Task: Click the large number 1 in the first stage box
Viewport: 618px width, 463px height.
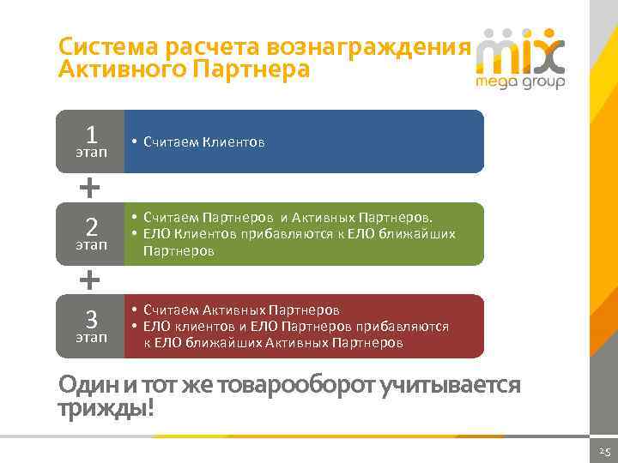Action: point(90,135)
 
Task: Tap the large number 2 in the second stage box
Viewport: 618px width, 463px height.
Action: point(90,228)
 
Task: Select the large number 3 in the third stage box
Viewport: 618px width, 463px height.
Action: point(90,319)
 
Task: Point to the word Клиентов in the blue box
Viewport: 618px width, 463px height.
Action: point(233,141)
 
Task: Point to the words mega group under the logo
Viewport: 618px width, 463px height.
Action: point(520,83)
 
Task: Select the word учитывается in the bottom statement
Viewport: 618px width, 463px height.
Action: point(456,385)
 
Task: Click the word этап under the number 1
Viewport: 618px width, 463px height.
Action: point(90,153)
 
